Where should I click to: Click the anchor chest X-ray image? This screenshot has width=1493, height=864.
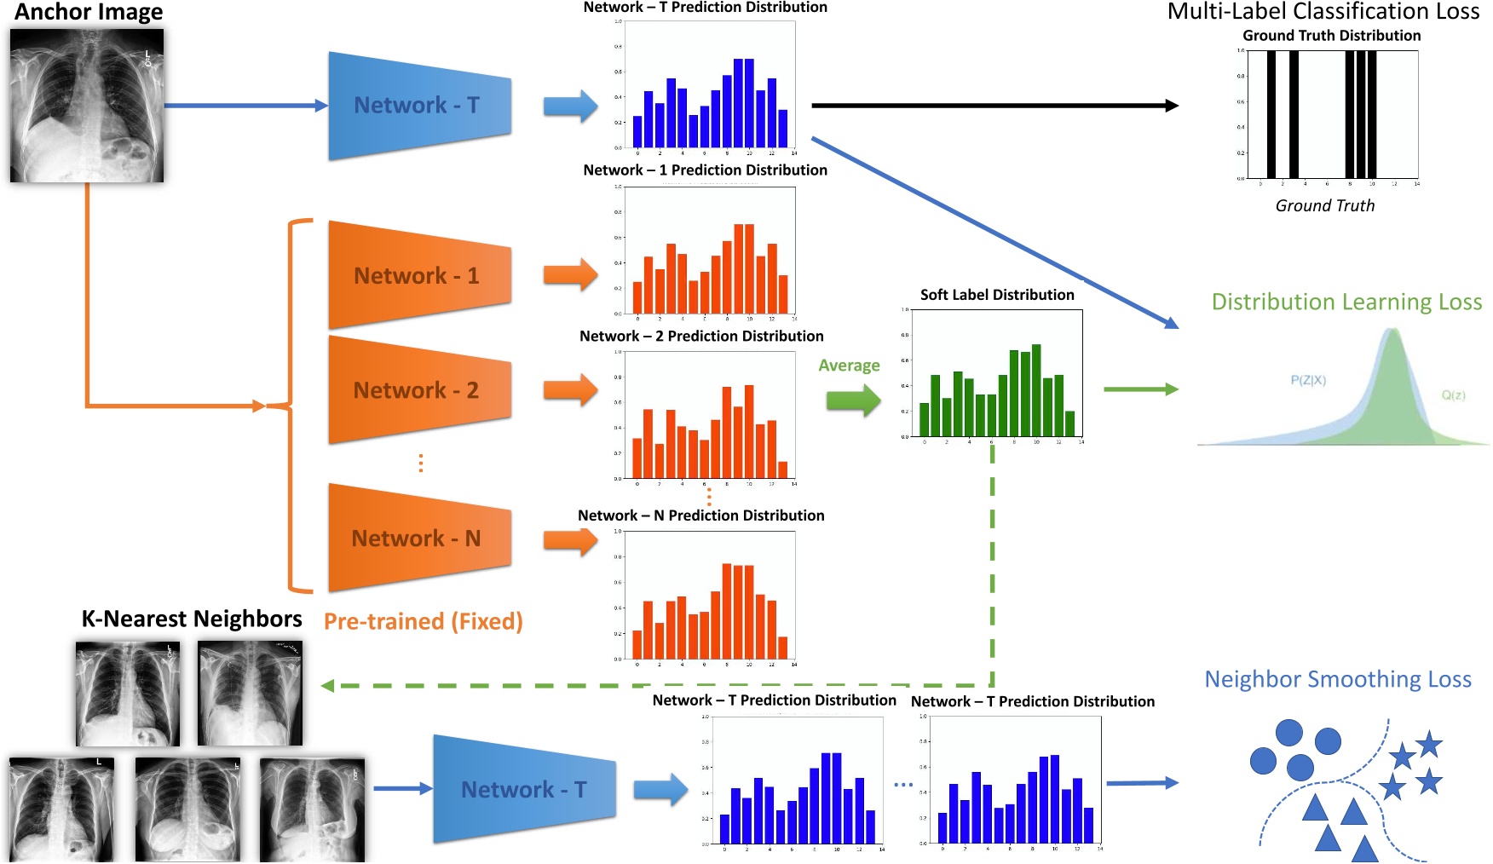tap(87, 106)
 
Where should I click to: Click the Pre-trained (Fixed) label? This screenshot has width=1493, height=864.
tap(423, 621)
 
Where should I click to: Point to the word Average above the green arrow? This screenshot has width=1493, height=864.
tap(849, 366)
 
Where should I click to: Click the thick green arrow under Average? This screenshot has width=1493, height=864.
tap(853, 400)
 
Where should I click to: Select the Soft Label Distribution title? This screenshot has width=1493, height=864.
tap(997, 295)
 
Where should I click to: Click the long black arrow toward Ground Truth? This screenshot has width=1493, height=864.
tap(993, 106)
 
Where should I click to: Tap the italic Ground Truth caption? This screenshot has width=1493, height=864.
tap(1324, 205)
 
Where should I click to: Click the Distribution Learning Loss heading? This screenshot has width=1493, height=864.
tap(1346, 302)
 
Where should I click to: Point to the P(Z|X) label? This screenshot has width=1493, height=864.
tap(1307, 380)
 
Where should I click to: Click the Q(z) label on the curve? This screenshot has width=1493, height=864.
tap(1453, 395)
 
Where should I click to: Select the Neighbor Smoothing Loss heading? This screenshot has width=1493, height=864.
tap(1337, 679)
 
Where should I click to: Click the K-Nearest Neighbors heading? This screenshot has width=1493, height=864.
tap(191, 619)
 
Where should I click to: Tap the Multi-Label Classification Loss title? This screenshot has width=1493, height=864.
tap(1323, 12)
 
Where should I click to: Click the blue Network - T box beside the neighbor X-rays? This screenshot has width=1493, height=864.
tap(523, 790)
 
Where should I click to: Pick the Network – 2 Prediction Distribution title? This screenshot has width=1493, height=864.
tap(701, 337)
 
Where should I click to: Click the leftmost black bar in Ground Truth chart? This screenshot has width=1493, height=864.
tap(1271, 114)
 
